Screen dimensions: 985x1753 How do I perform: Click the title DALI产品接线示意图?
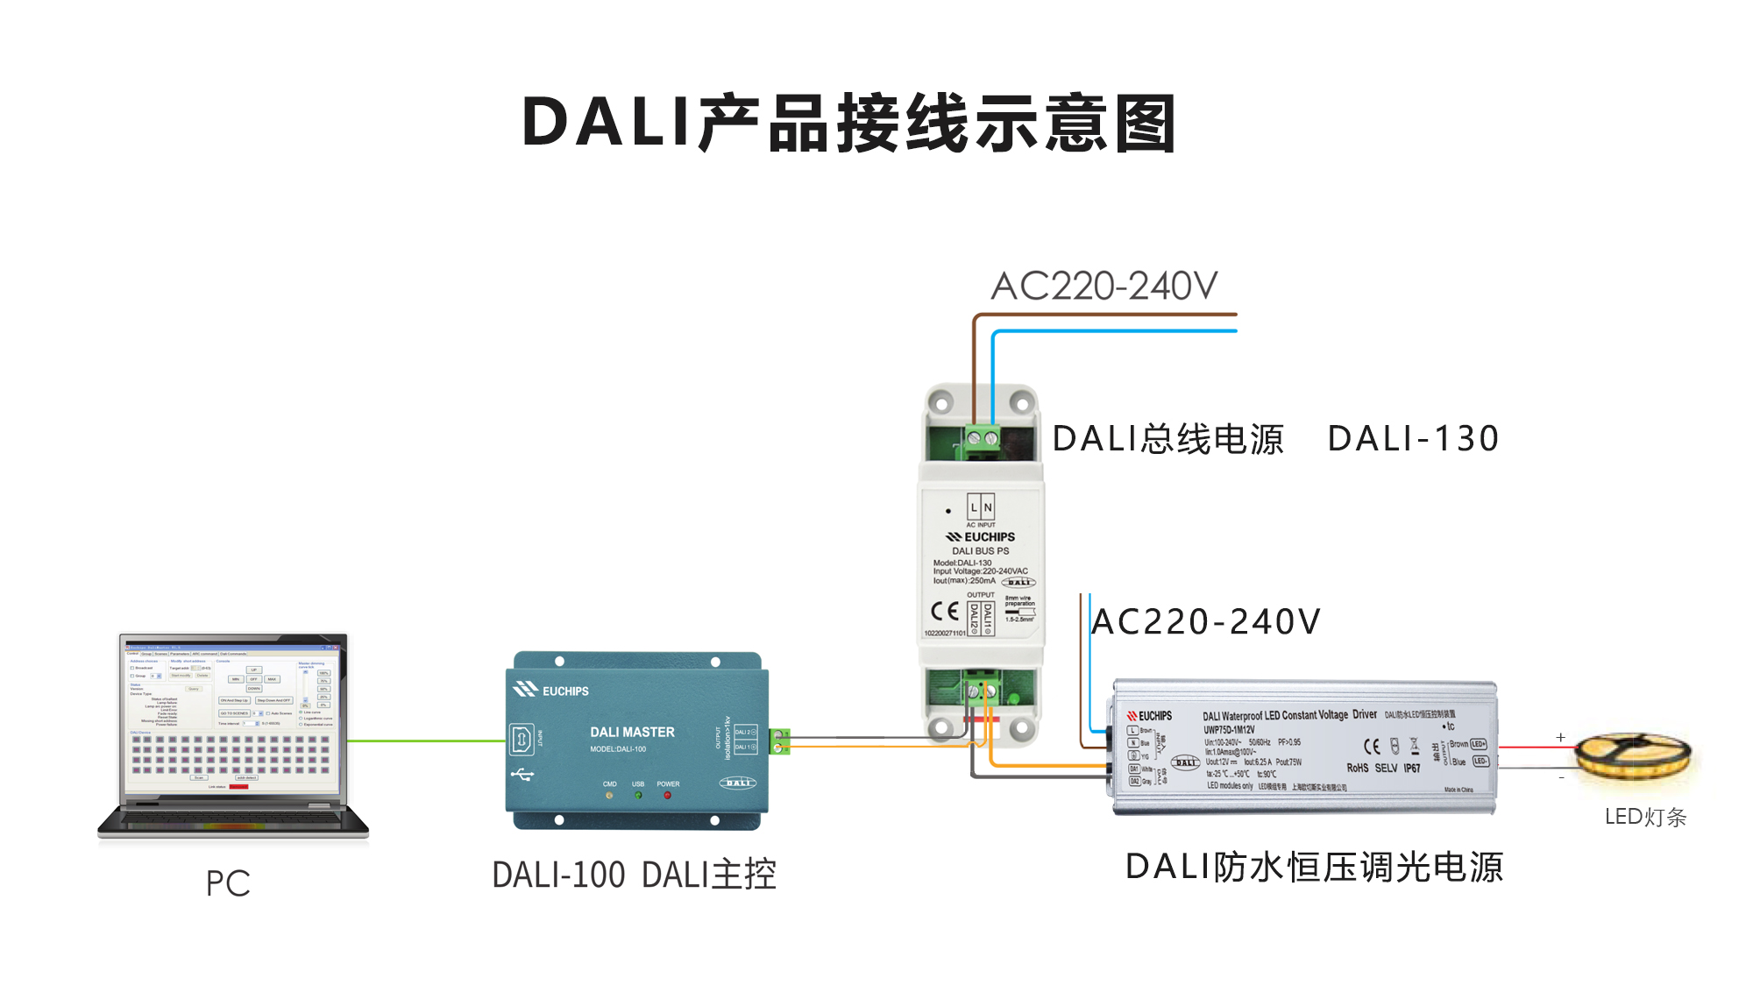[x=848, y=123]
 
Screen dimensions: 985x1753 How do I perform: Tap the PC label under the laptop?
[x=228, y=882]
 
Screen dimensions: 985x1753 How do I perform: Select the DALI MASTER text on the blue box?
[x=632, y=732]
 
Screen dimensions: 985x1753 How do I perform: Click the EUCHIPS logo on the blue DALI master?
[x=551, y=691]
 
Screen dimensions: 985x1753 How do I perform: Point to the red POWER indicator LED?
[x=668, y=796]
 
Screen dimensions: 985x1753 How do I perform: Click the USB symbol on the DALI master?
[x=522, y=775]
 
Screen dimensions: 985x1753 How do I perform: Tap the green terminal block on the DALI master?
[x=779, y=741]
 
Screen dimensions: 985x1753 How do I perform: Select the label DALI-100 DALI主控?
[x=634, y=875]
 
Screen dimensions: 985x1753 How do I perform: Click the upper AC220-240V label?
[x=1104, y=286]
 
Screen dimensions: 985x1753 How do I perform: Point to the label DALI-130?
[x=1413, y=438]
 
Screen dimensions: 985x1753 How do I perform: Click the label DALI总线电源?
[x=1167, y=438]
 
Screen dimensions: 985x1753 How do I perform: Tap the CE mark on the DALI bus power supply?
[x=944, y=611]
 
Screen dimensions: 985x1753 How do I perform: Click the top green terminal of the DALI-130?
[x=982, y=437]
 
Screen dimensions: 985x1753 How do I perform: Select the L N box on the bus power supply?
[x=981, y=507]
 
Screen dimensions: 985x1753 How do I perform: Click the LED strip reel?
[x=1633, y=755]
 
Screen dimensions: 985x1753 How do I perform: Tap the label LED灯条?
[x=1645, y=817]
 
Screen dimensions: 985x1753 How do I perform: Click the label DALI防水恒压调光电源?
[x=1314, y=867]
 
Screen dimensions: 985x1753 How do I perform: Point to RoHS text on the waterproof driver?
[x=1357, y=769]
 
